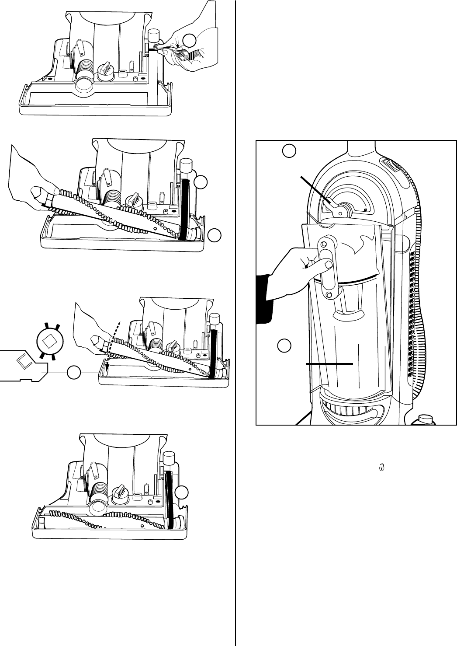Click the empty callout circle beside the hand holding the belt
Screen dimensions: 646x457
pos(189,41)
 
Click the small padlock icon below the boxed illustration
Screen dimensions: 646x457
pos(382,467)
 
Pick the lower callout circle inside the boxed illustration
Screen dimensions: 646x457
pos(284,346)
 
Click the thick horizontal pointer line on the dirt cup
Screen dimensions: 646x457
pos(329,363)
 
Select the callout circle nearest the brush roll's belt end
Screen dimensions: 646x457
pos(214,235)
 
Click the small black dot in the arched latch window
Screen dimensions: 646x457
pos(366,210)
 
